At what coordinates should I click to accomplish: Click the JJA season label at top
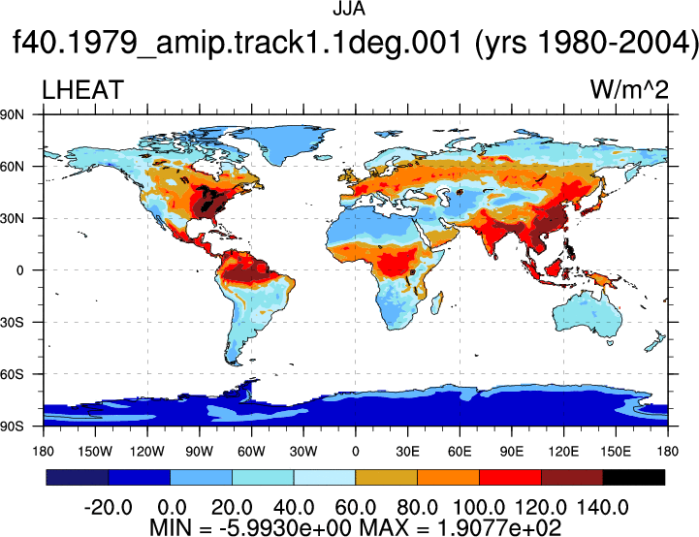[349, 9]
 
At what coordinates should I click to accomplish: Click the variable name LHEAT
[82, 90]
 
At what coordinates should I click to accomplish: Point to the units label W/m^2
[629, 90]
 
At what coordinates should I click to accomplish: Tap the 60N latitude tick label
[12, 167]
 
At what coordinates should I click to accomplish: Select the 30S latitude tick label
[12, 322]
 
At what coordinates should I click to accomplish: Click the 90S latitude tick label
[12, 426]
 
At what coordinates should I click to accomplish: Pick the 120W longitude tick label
[147, 452]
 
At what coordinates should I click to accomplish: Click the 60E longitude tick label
[460, 452]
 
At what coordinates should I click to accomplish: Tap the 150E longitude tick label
[616, 452]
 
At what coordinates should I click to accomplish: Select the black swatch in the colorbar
[633, 477]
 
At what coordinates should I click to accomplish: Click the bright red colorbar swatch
[510, 477]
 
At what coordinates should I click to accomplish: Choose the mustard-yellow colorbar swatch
[386, 477]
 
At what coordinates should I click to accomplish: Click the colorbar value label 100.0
[479, 508]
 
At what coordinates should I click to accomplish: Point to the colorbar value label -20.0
[108, 508]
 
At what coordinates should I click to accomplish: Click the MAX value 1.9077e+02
[498, 527]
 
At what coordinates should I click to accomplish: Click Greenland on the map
[285, 142]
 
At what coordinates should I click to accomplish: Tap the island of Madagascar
[437, 303]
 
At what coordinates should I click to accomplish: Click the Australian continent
[587, 316]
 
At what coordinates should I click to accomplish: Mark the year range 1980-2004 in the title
[587, 44]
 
